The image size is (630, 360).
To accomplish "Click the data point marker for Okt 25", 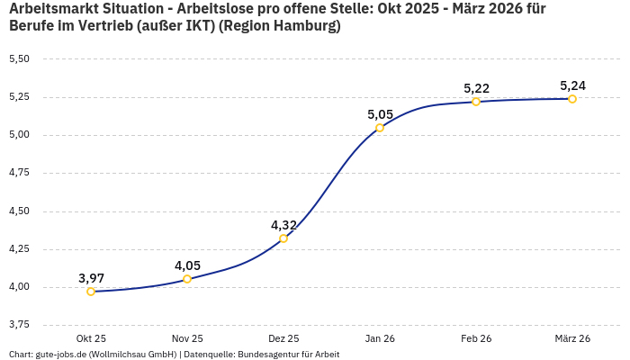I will [91, 292].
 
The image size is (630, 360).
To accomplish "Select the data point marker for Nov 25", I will [187, 279].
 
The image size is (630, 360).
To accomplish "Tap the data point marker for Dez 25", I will [283, 238].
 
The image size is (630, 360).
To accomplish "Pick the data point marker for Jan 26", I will [380, 128].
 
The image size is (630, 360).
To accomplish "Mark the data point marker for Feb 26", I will [476, 102].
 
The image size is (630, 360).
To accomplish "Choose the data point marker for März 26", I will [572, 99].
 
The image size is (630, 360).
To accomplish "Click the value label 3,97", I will [91, 278].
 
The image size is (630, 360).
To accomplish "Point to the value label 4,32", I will [283, 225].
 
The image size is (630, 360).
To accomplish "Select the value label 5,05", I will [380, 114].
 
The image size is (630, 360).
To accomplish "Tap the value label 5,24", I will [572, 85].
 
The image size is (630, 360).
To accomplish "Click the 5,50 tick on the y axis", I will [19, 59].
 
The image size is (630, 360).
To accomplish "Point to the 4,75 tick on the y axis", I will [19, 173].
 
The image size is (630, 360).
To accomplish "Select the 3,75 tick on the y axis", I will [19, 324].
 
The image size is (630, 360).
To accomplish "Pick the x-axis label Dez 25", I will [283, 338].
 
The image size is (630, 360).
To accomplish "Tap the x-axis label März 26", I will [572, 338].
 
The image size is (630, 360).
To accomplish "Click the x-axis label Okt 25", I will [91, 338].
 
